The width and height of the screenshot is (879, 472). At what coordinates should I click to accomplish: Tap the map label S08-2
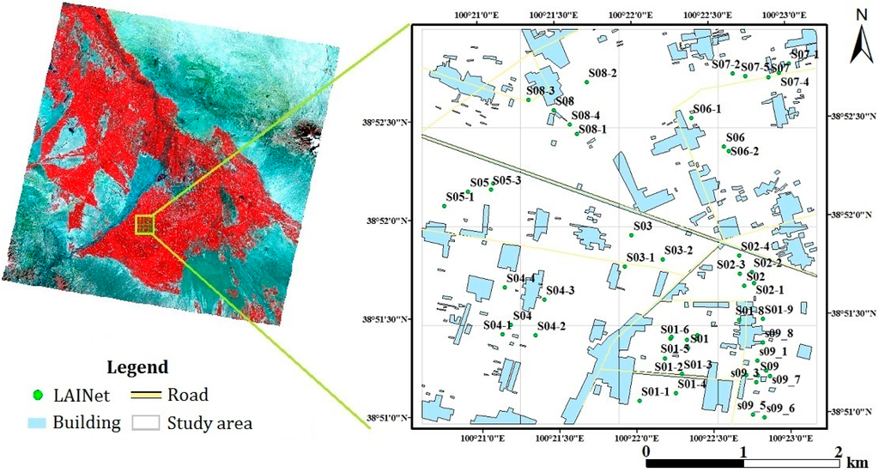click(603, 73)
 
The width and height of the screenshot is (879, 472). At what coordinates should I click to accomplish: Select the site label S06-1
click(707, 109)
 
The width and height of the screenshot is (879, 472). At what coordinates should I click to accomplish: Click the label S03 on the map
click(643, 227)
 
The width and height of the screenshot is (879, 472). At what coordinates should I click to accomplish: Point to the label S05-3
click(506, 180)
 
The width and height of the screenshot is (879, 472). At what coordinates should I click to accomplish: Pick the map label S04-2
click(551, 326)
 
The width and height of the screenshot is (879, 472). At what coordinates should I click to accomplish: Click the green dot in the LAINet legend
click(37, 396)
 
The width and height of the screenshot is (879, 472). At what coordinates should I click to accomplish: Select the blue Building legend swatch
click(37, 423)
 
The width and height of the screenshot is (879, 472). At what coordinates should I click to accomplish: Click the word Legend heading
click(137, 367)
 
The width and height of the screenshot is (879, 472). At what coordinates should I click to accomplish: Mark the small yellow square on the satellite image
click(145, 225)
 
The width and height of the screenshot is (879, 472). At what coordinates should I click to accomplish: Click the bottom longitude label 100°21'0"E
click(482, 437)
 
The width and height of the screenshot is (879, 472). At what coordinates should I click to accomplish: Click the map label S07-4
click(795, 82)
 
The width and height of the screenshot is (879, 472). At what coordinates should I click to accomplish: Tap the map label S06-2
click(744, 151)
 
